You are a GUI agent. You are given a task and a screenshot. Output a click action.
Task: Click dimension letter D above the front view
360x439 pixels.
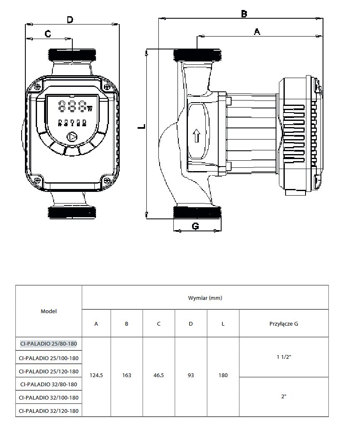tap(70, 19)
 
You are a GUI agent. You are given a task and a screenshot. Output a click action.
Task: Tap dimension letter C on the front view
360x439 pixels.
tap(48, 34)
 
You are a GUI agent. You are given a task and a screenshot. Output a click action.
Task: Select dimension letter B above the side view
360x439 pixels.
tap(244, 14)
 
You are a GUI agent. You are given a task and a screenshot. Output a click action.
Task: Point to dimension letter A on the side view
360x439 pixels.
tap(257, 31)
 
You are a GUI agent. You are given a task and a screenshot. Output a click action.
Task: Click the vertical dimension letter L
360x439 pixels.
tap(142, 126)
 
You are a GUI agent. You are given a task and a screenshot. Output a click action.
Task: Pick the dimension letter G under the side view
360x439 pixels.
tap(195, 226)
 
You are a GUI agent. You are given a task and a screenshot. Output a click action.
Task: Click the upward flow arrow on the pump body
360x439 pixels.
tap(197, 135)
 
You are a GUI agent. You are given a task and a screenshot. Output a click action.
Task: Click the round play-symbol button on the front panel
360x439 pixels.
tap(72, 137)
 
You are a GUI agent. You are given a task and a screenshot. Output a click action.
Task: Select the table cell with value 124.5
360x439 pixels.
tap(96, 375)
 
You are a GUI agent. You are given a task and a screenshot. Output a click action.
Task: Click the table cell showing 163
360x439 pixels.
tap(127, 375)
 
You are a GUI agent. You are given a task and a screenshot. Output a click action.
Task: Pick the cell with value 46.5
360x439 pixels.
tap(159, 375)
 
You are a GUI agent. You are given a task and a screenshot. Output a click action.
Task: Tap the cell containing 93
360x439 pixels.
tap(191, 375)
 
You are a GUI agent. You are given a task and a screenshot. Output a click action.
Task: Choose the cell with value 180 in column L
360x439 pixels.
tap(223, 375)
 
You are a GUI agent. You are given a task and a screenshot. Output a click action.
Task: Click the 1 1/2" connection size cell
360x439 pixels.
tap(284, 357)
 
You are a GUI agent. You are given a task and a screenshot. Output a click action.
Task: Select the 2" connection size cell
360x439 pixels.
tap(284, 396)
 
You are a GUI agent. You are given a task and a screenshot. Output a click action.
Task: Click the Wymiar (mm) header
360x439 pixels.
tap(205, 298)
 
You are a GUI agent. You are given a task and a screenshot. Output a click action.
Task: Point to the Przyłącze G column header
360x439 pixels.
tap(284, 324)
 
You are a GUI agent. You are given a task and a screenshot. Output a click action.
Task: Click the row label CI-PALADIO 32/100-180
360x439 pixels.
tap(49, 397)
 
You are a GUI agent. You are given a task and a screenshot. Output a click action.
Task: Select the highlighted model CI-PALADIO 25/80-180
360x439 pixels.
tap(49, 343)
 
